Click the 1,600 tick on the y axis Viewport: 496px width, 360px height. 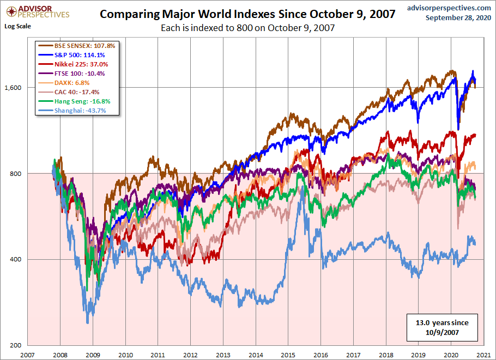[14, 88]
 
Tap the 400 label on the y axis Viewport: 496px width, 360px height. [17, 259]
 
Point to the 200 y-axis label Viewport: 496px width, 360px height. [17, 345]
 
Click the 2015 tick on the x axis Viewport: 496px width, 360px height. [288, 354]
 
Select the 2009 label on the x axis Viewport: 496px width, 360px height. [93, 354]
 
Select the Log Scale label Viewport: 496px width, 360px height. [17, 26]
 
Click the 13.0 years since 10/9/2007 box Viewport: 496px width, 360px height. [441, 326]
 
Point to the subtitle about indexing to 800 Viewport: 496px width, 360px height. [247, 27]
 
